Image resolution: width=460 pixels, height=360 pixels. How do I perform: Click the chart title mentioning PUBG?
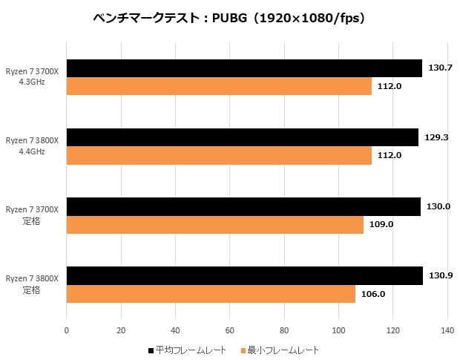pyautogui.click(x=230, y=18)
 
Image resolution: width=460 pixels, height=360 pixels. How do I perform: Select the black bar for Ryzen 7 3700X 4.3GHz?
pyautogui.click(x=244, y=68)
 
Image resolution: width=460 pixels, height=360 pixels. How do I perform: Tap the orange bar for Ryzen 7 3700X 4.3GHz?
pyautogui.click(x=219, y=86)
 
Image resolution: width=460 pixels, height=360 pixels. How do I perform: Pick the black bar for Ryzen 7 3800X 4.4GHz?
pyautogui.click(x=243, y=137)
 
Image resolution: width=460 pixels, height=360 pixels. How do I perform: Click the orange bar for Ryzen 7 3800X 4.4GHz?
pyautogui.click(x=219, y=155)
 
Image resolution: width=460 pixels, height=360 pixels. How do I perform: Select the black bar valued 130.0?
pyautogui.click(x=243, y=206)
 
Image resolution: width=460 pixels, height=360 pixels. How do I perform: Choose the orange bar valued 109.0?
pyautogui.click(x=215, y=224)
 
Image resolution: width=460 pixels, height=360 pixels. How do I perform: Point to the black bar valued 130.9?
pyautogui.click(x=245, y=275)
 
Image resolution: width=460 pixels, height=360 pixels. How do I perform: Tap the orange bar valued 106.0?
pyautogui.click(x=211, y=293)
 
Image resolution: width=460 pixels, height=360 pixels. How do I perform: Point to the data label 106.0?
pyautogui.click(x=373, y=293)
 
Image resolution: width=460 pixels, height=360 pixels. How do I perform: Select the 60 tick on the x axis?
pyautogui.click(x=230, y=331)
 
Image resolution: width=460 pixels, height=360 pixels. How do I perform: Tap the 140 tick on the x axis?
pyautogui.click(x=447, y=331)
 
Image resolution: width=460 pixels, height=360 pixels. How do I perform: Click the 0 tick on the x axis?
pyautogui.click(x=67, y=331)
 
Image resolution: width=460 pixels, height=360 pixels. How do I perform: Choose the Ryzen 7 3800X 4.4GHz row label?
pyautogui.click(x=36, y=145)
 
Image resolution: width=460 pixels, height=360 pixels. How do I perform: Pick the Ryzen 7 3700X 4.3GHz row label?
pyautogui.click(x=36, y=76)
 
